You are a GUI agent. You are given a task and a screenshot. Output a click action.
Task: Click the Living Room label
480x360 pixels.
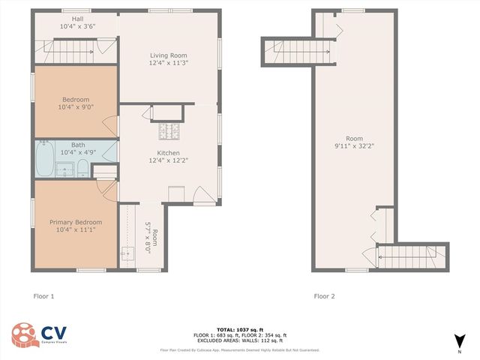[x=168, y=55]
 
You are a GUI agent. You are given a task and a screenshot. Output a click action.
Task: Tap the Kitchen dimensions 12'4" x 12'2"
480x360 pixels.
[x=168, y=160]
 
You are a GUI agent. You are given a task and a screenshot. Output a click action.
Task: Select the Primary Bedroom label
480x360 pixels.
[x=76, y=222]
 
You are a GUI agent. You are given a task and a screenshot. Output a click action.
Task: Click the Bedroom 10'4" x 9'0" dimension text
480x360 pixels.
[x=76, y=107]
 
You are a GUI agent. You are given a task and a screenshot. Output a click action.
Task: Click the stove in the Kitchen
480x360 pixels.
[x=169, y=132]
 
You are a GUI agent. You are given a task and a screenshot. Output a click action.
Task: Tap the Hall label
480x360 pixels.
[x=78, y=19]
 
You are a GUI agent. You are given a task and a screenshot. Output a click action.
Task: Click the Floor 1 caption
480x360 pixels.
[x=43, y=295]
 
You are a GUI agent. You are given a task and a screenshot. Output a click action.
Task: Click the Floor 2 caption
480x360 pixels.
[x=324, y=295]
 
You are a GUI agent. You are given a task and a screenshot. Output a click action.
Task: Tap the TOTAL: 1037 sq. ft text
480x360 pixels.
[x=239, y=329]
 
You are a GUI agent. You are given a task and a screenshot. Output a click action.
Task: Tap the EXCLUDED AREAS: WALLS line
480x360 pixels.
[x=239, y=340]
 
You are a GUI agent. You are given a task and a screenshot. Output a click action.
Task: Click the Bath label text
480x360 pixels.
[x=78, y=145]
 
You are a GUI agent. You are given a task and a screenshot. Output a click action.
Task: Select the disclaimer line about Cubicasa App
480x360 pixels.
[x=239, y=349]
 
